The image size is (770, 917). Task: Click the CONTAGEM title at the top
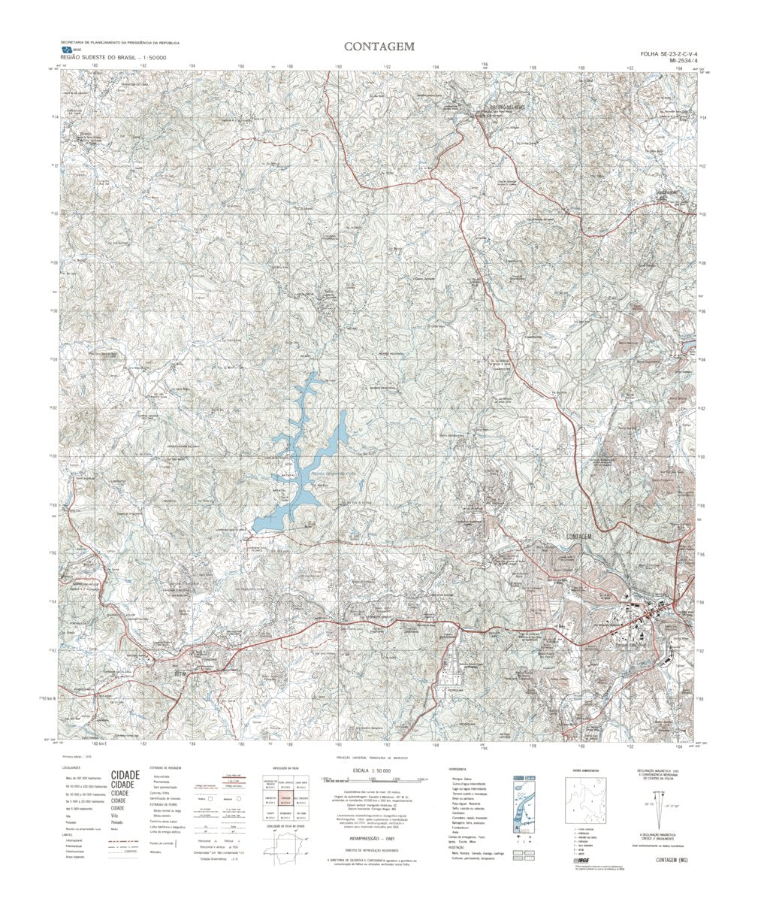[x=379, y=47]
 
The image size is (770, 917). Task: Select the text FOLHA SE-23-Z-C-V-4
[x=669, y=55]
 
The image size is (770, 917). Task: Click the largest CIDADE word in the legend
[x=125, y=775]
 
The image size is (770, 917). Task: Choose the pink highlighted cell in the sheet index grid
[x=285, y=803]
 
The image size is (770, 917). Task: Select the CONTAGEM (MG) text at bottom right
[x=672, y=860]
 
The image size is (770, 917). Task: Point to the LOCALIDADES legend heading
[x=74, y=768]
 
